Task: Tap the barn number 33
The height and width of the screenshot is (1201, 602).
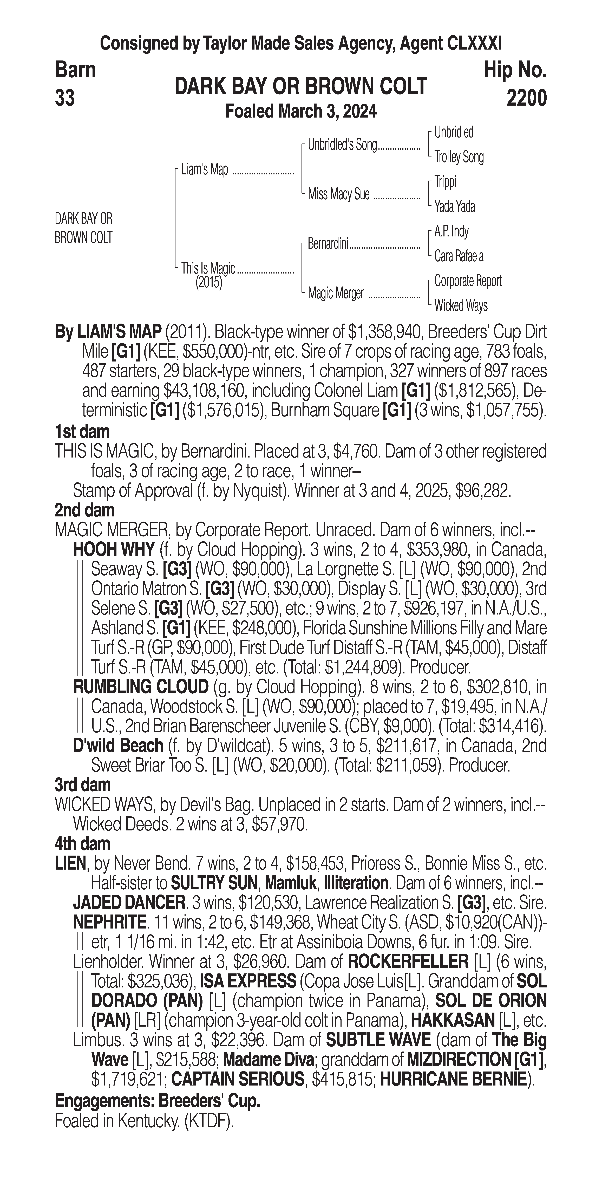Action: click(x=65, y=98)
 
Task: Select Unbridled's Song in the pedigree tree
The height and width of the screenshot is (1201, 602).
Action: click(x=342, y=145)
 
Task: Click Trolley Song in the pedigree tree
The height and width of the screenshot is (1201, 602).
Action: click(x=459, y=157)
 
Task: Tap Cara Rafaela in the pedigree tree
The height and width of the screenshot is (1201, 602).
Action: click(x=459, y=256)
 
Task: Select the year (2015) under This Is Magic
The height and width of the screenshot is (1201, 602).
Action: click(x=209, y=283)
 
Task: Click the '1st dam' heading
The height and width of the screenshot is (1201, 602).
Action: click(x=82, y=431)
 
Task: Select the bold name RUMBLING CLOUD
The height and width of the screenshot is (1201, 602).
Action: click(x=140, y=687)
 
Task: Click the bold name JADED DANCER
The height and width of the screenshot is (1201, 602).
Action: click(x=129, y=903)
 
